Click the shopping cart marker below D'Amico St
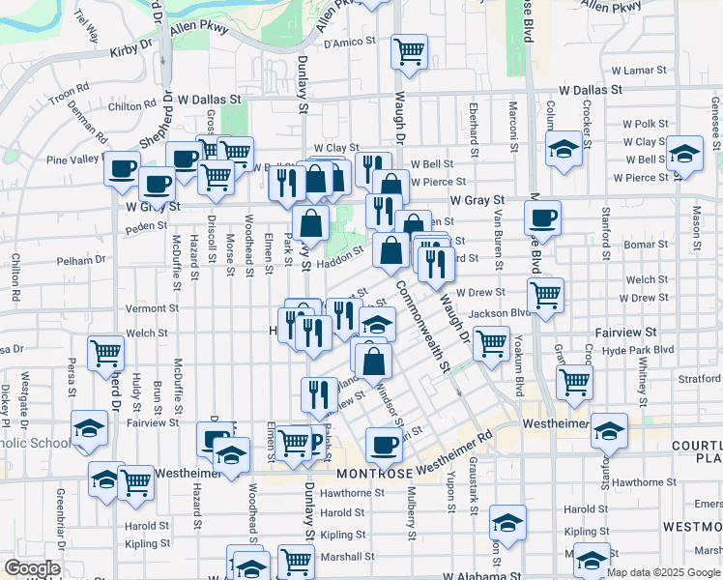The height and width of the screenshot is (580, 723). pyautogui.click(x=410, y=49)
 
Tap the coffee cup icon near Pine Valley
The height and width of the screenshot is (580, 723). pyautogui.click(x=122, y=167)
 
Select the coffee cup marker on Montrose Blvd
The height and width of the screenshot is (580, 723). pyautogui.click(x=543, y=217)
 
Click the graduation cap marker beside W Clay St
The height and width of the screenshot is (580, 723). pyautogui.click(x=685, y=153)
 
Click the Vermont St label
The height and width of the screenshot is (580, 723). pyautogui.click(x=146, y=308)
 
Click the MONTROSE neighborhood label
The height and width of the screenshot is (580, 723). pyautogui.click(x=375, y=473)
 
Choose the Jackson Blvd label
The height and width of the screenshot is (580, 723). pyautogui.click(x=501, y=313)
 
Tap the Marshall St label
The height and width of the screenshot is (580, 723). pyautogui.click(x=348, y=556)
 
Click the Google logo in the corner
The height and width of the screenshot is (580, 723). pyautogui.click(x=32, y=568)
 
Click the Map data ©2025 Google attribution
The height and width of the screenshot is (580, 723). pyautogui.click(x=662, y=572)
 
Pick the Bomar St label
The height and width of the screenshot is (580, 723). pyautogui.click(x=640, y=245)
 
